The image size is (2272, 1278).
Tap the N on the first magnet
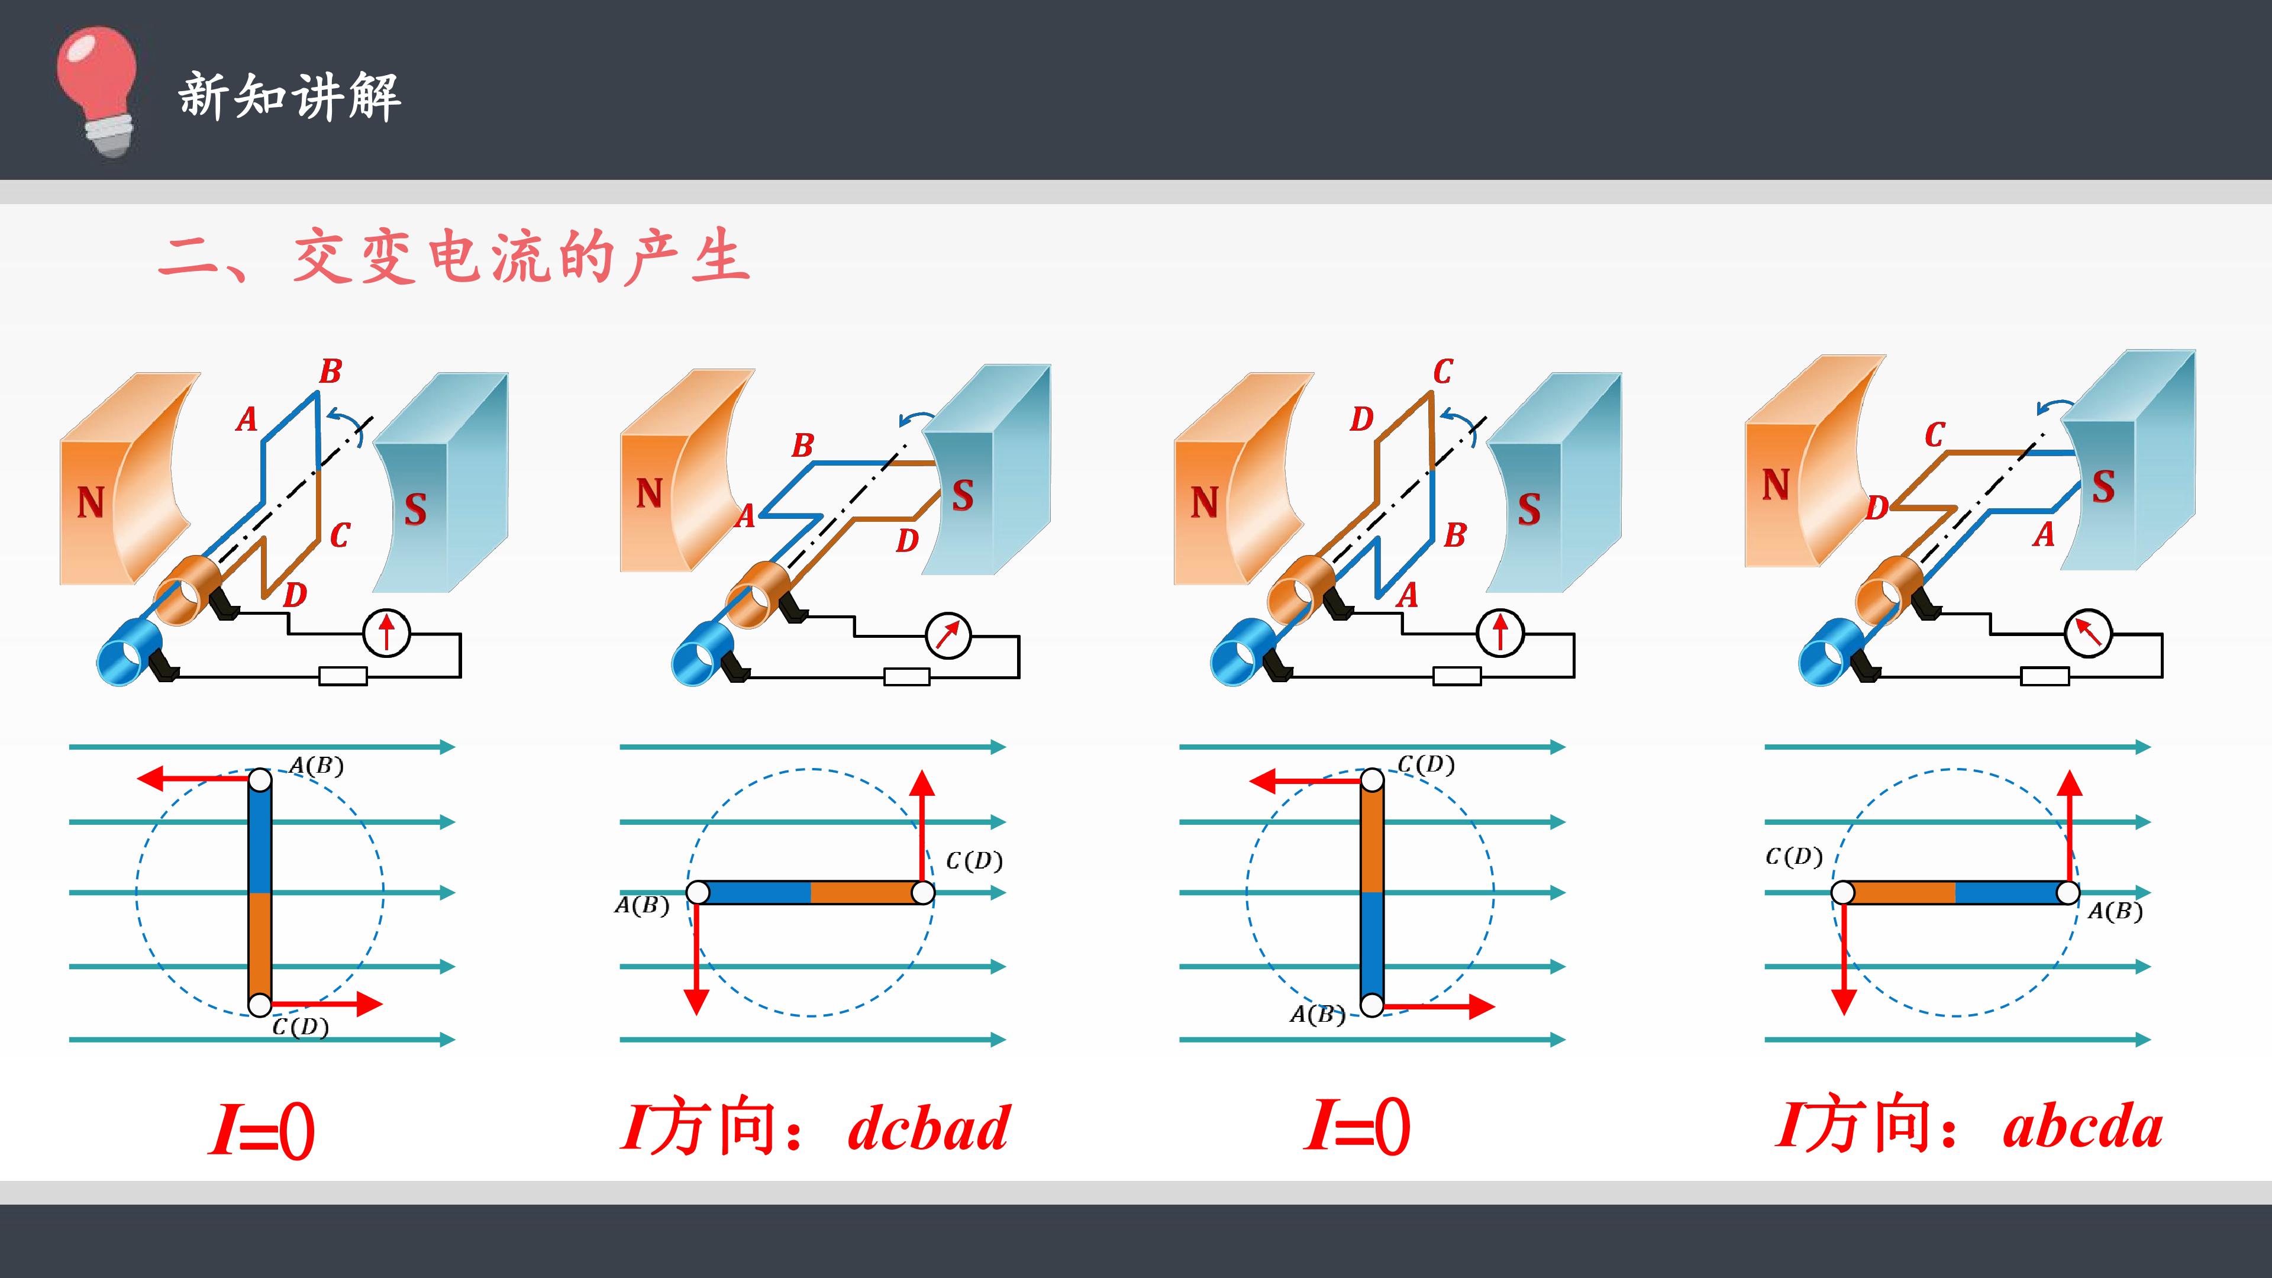[x=90, y=503]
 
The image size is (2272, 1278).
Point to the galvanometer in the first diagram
[x=386, y=632]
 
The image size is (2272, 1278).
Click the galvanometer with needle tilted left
[x=2087, y=632]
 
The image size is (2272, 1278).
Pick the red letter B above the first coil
[x=330, y=372]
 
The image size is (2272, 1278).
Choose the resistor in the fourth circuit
[x=2044, y=676]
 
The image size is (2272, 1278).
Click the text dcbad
[x=928, y=1128]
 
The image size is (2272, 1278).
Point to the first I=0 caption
[x=261, y=1129]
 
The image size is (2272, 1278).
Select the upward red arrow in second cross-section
[x=922, y=827]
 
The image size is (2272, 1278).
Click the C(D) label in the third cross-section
[x=1426, y=764]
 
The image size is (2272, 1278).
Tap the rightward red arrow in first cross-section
[x=327, y=1003]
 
